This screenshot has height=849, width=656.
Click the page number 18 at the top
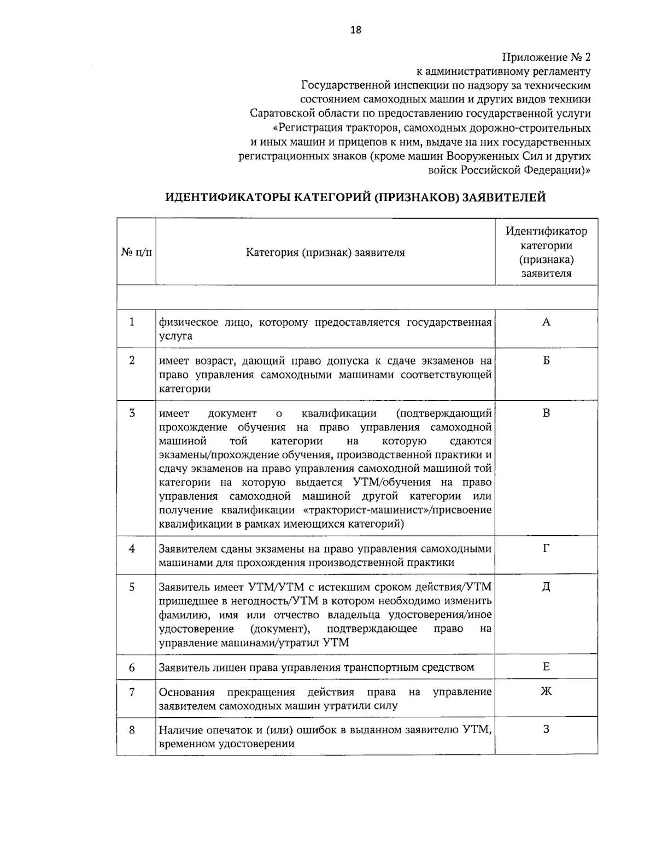[x=355, y=30]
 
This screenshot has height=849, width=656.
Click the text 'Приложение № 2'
[x=546, y=57]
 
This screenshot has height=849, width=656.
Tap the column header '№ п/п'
[x=136, y=253]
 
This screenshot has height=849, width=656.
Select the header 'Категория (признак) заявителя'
[x=325, y=253]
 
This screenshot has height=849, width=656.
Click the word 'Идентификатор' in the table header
[x=546, y=231]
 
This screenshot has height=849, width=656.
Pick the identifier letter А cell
[x=546, y=322]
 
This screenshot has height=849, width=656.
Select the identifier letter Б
[x=546, y=361]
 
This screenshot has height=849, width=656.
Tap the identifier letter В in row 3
[x=546, y=413]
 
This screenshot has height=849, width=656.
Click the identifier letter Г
[x=546, y=548]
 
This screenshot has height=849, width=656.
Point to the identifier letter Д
[x=546, y=587]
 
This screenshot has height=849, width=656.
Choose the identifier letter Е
[x=546, y=666]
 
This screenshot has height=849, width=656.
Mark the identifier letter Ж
[x=546, y=692]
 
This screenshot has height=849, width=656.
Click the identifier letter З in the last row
[x=546, y=730]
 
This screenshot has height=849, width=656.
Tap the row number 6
[x=132, y=668]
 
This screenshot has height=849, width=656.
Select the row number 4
[x=132, y=548]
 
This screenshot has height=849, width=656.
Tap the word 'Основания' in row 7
[x=187, y=692]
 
